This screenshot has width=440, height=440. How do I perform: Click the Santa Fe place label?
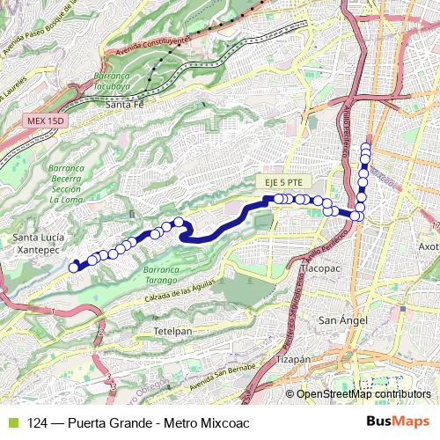tap(124, 104)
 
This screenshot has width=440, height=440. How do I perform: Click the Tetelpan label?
tap(173, 333)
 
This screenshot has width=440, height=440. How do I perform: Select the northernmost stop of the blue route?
tap(365, 147)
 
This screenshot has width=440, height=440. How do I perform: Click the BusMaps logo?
tap(395, 422)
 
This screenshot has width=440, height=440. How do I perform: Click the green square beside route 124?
tap(11, 422)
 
